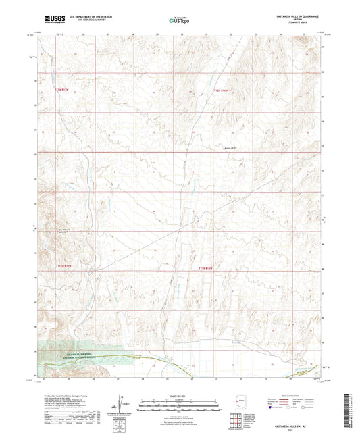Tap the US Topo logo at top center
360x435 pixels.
pyautogui.click(x=179, y=20)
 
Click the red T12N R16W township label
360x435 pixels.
pyautogui.click(x=222, y=90)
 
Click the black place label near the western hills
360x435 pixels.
pyautogui.click(x=62, y=229)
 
